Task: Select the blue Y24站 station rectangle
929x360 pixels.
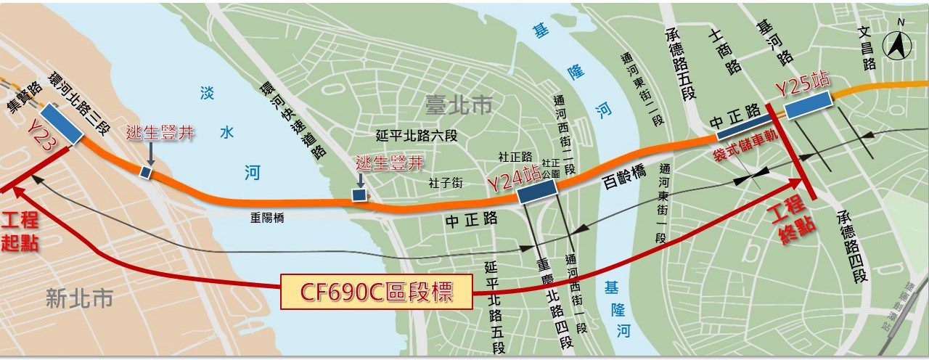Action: pyautogui.click(x=536, y=191)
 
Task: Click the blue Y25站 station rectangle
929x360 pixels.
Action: pyautogui.click(x=808, y=105)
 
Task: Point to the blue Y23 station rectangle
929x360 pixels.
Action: pyautogui.click(x=61, y=124)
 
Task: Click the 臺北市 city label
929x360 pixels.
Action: pyautogui.click(x=458, y=105)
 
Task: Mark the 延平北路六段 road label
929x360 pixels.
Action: pyautogui.click(x=417, y=135)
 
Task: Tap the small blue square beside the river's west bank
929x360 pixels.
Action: pyautogui.click(x=146, y=172)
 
